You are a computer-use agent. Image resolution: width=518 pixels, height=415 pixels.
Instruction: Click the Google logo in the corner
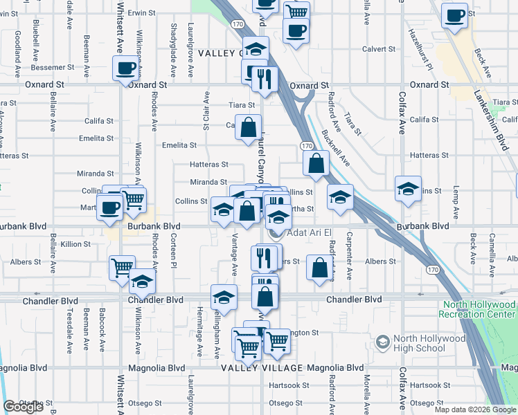coord(23,407)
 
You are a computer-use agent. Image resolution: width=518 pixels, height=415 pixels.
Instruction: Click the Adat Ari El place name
coord(310,233)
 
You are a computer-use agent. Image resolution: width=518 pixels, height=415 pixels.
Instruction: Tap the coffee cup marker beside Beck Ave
coord(455,16)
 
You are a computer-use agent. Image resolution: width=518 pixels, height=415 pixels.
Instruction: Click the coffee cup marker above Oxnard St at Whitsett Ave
coord(126,68)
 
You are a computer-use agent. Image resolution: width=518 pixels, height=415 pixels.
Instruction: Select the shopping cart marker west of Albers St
coord(123,266)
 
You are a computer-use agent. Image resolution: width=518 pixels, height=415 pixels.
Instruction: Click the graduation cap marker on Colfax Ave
coord(409,188)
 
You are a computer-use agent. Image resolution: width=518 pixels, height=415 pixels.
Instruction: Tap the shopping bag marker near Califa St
coord(248,127)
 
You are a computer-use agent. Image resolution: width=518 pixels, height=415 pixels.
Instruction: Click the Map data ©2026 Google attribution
coord(474,409)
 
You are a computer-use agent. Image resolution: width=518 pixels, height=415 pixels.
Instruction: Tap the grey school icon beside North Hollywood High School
coord(382,342)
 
